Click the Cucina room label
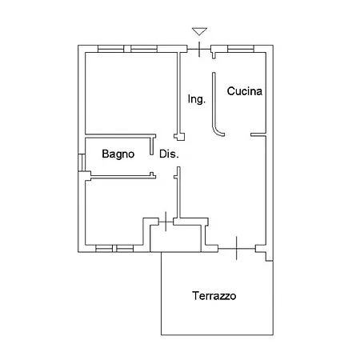click(245, 91)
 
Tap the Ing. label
click(197, 99)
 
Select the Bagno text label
click(118, 154)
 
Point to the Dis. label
click(169, 154)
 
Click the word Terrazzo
click(214, 296)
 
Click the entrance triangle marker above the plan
click(199, 31)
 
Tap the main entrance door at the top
click(199, 50)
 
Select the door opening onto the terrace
click(237, 248)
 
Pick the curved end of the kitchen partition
click(219, 133)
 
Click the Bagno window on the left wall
click(82, 162)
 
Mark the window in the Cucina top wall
click(241, 49)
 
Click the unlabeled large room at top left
click(130, 93)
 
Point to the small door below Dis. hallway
click(166, 222)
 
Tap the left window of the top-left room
click(111, 49)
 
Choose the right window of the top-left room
click(144, 49)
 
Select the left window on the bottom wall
click(104, 249)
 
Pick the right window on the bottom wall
click(125, 249)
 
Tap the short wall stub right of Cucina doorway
click(258, 135)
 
